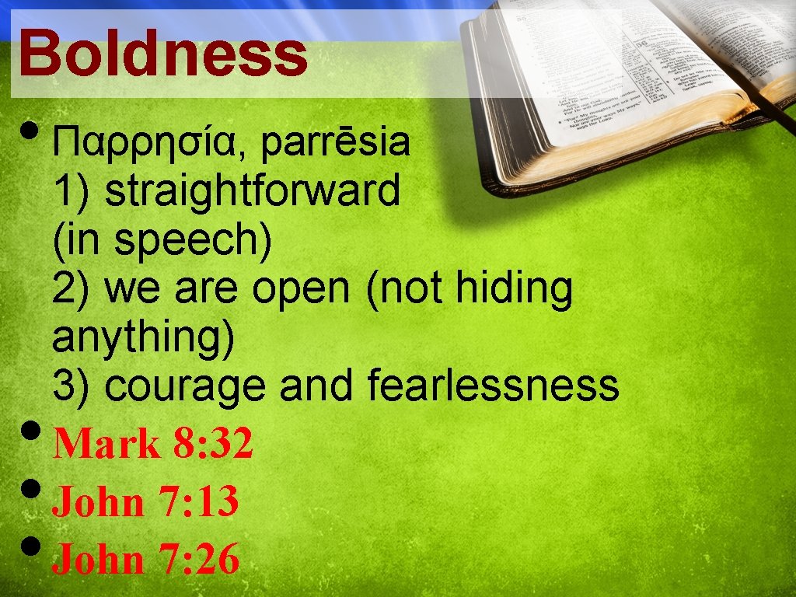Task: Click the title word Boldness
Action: coord(163,54)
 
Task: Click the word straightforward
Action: coord(252,191)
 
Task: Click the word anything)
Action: coord(144,339)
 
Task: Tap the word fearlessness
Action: coord(493,386)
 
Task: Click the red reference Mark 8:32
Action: coord(153,444)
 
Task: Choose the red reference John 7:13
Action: coord(145,501)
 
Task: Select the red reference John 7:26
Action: coord(145,559)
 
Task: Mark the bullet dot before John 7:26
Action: coord(30,548)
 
